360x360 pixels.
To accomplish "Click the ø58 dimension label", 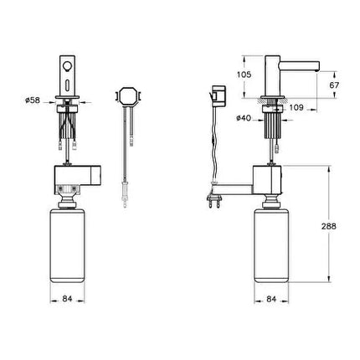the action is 33,100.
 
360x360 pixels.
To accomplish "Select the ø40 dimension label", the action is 244,118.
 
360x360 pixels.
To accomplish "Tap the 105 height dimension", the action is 244,75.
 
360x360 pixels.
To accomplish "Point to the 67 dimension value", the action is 334,85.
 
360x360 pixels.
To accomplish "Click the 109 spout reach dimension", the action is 296,107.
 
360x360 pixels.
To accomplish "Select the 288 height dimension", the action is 329,226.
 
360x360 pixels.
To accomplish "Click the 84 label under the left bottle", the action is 67,299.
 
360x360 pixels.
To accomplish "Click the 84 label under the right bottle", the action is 271,299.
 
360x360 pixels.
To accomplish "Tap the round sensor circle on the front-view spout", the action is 67,66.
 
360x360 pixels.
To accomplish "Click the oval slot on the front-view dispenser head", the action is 67,85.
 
